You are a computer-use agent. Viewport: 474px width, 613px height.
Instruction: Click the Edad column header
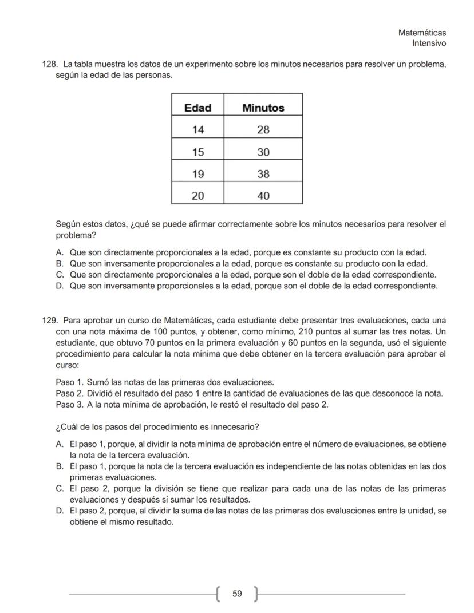pyautogui.click(x=197, y=108)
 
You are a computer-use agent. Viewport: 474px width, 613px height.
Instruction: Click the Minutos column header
pyautogui.click(x=263, y=108)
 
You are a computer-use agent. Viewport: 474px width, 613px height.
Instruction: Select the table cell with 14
pyautogui.click(x=197, y=130)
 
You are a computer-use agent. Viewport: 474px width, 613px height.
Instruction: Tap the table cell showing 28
pyautogui.click(x=263, y=130)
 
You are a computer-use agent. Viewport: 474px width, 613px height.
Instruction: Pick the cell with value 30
pyautogui.click(x=263, y=152)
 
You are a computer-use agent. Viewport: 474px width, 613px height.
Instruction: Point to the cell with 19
pyautogui.click(x=197, y=174)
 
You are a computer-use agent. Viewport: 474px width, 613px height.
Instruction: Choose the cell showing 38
pyautogui.click(x=263, y=174)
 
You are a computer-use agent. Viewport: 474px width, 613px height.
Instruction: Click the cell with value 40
pyautogui.click(x=263, y=196)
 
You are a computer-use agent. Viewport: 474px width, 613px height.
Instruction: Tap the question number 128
pyautogui.click(x=50, y=64)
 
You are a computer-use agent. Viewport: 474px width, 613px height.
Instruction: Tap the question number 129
pyautogui.click(x=50, y=320)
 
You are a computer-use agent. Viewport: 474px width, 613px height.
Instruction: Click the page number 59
pyautogui.click(x=237, y=594)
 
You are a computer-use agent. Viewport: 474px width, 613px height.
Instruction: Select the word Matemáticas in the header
pyautogui.click(x=422, y=33)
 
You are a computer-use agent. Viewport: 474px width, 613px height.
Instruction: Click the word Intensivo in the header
pyautogui.click(x=429, y=43)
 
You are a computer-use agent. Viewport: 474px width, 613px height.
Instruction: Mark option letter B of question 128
pyautogui.click(x=59, y=263)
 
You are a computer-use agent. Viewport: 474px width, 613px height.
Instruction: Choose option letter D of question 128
pyautogui.click(x=59, y=285)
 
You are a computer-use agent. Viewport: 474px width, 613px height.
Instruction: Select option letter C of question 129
pyautogui.click(x=59, y=488)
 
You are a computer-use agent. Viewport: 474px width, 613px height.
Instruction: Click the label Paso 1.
pyautogui.click(x=69, y=382)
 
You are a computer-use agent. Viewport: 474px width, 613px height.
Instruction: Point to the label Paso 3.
pyautogui.click(x=69, y=405)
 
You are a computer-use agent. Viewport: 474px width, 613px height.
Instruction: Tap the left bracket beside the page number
pyautogui.click(x=220, y=594)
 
